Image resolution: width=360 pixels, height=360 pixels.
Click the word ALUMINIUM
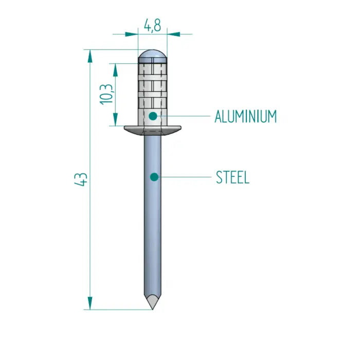coord(245,117)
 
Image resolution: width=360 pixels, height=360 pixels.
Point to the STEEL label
coord(232,177)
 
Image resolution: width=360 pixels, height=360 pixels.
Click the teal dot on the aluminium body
coord(153,116)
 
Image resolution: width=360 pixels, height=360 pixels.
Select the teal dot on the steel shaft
coord(153,177)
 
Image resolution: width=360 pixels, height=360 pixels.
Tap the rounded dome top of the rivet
coord(153,55)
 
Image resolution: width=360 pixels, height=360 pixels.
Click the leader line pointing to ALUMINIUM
coord(185,116)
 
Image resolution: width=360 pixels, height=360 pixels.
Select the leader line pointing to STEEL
coord(185,177)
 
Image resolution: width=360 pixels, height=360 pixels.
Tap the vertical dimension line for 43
coord(91,231)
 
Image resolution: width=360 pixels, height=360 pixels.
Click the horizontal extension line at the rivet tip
coord(118,310)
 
